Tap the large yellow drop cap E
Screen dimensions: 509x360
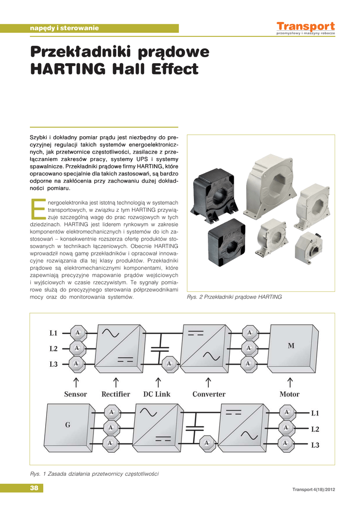coord(38,209)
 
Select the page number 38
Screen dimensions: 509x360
coord(34,488)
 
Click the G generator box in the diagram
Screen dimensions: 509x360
coord(68,425)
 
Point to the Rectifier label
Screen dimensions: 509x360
coord(116,394)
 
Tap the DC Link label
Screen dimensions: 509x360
coord(157,394)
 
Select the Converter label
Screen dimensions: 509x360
coord(209,394)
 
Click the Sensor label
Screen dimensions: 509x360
coord(76,394)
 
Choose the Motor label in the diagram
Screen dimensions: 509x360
coord(289,394)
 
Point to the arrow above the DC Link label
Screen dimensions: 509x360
coord(158,382)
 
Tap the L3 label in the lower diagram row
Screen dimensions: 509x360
coord(315,445)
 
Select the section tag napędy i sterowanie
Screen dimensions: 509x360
coord(65,28)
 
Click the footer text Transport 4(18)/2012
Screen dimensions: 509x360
coord(314,490)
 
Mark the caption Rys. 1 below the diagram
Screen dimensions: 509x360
coord(94,474)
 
